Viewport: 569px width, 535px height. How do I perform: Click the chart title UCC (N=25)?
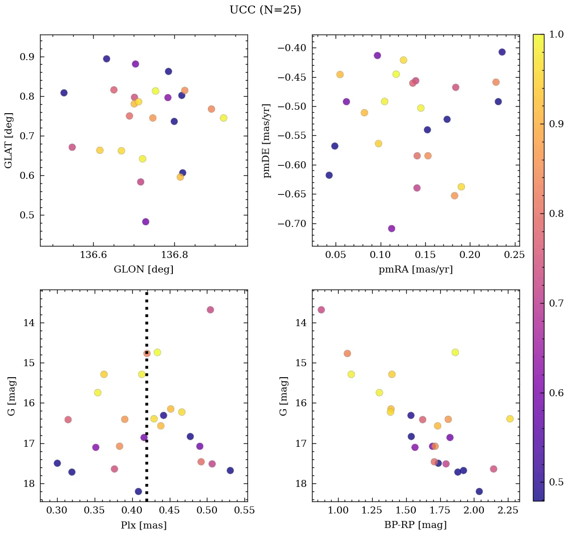(x=265, y=10)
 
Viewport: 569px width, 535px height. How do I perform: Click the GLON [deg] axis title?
(x=143, y=270)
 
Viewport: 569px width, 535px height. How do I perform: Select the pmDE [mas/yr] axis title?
(x=267, y=141)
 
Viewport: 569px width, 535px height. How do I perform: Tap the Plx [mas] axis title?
(x=143, y=525)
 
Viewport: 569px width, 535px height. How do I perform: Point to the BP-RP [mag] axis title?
(x=415, y=525)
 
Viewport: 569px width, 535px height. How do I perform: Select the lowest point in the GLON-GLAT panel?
(x=145, y=222)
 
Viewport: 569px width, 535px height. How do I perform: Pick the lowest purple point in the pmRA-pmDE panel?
(x=391, y=228)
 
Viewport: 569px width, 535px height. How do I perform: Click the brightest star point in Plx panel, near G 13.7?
(x=210, y=310)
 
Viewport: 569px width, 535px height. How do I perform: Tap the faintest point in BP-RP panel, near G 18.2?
(x=479, y=491)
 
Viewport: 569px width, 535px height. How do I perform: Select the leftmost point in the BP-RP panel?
(x=321, y=310)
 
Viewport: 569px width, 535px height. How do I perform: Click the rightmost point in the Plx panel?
(x=230, y=470)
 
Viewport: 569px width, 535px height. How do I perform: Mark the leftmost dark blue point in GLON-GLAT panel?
(x=64, y=93)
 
